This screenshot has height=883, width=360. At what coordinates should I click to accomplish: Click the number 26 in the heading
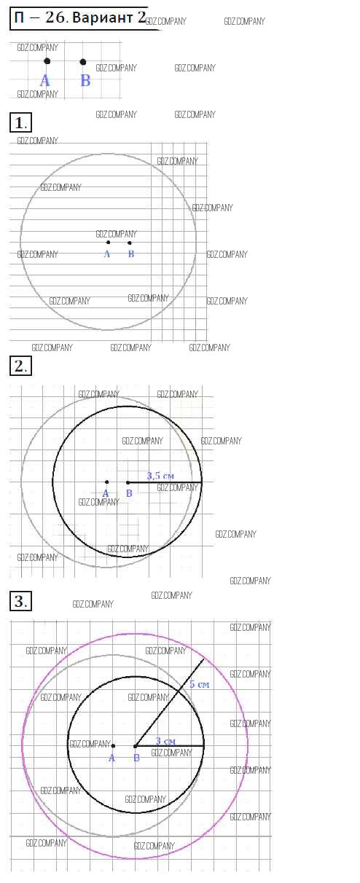[55, 17]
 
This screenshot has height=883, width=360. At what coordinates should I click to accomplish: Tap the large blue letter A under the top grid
[45, 81]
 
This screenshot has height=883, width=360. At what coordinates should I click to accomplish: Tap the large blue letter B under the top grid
[85, 80]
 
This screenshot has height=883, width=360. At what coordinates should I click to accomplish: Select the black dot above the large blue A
[47, 61]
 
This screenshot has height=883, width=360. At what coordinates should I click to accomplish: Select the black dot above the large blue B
[83, 62]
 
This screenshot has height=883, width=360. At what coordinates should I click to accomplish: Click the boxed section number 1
[20, 123]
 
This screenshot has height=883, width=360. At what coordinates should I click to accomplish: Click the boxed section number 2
[20, 366]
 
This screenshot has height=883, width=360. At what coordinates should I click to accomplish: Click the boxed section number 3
[20, 602]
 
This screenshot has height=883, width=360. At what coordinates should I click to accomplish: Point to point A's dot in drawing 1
[109, 243]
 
